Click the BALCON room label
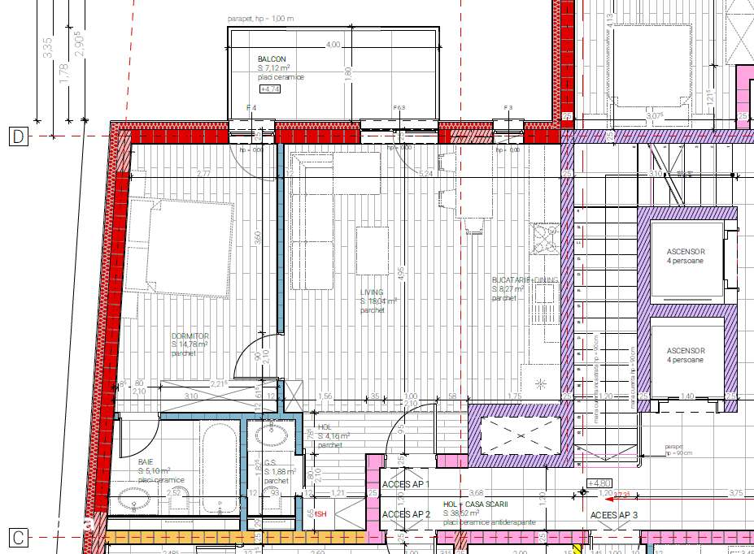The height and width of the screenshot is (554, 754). [x=272, y=59]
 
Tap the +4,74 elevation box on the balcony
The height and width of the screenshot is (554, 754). [x=269, y=89]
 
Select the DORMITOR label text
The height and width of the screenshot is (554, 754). [x=190, y=335]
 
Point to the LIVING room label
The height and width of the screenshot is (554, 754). [x=372, y=292]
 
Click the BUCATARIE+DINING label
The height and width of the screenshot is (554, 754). [x=525, y=279]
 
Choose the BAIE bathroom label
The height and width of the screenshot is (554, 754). [x=146, y=461]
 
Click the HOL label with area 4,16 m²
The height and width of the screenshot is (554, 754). [x=325, y=426]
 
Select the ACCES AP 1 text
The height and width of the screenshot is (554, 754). [x=406, y=484]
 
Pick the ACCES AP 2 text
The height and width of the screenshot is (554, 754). [x=406, y=515]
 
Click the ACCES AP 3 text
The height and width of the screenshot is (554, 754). [x=614, y=515]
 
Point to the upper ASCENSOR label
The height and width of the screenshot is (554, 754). [x=686, y=252]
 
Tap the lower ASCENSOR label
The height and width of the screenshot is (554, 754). [x=686, y=351]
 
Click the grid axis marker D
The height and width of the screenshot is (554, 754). [x=18, y=136]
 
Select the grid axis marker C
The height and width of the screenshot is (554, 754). [x=18, y=537]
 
